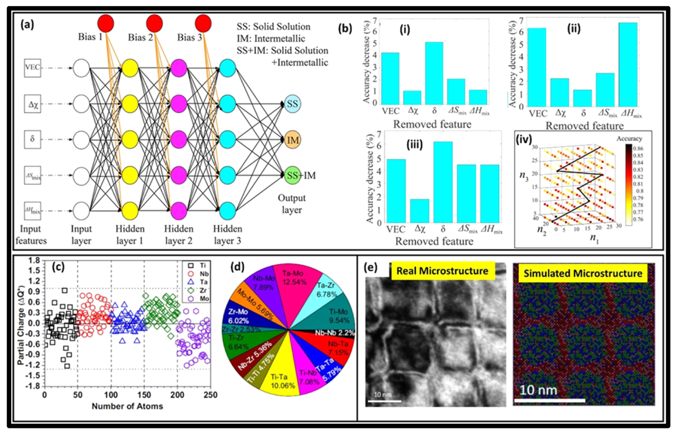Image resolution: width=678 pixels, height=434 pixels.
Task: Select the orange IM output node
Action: tap(293, 140)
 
